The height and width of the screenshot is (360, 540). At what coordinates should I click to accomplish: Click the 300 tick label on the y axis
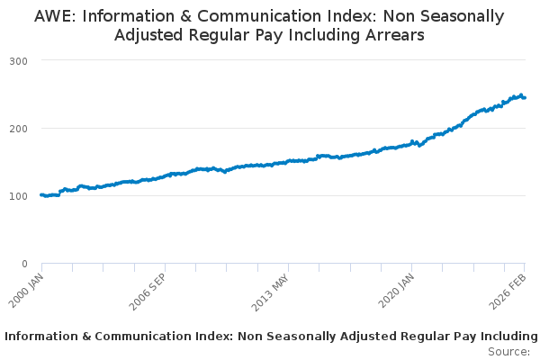[18, 61]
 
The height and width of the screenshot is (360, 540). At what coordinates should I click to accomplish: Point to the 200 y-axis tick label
[18, 129]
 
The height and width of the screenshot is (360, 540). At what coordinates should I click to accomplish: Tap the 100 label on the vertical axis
[18, 196]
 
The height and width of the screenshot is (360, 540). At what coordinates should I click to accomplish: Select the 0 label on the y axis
[24, 264]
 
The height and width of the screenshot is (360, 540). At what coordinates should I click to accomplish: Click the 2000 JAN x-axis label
[26, 291]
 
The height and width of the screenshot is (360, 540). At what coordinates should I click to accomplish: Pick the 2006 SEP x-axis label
[148, 292]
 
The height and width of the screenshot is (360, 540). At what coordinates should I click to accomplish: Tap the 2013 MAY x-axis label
[270, 292]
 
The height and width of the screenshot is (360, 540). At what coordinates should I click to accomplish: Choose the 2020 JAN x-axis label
[396, 291]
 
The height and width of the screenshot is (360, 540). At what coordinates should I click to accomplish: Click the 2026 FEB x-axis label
[508, 292]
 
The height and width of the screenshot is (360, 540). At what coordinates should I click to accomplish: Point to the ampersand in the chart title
[185, 16]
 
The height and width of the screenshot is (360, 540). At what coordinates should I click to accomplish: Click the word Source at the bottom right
[508, 352]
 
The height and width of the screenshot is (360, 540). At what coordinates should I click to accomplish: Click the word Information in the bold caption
[41, 337]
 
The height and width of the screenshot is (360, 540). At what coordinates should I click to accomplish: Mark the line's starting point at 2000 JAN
[42, 195]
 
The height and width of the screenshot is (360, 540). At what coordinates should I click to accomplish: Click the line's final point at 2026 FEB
[525, 98]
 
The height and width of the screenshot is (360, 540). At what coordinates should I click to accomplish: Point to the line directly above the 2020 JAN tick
[412, 142]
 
